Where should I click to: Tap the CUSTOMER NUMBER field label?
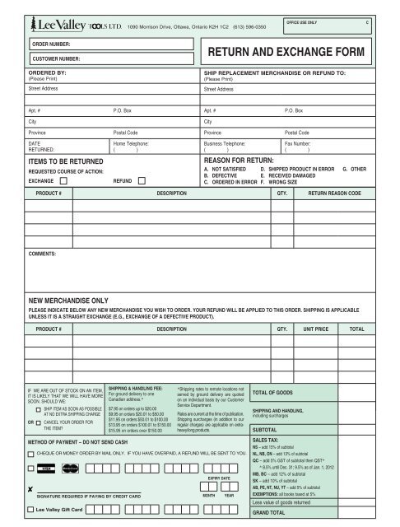coord(56,59)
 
